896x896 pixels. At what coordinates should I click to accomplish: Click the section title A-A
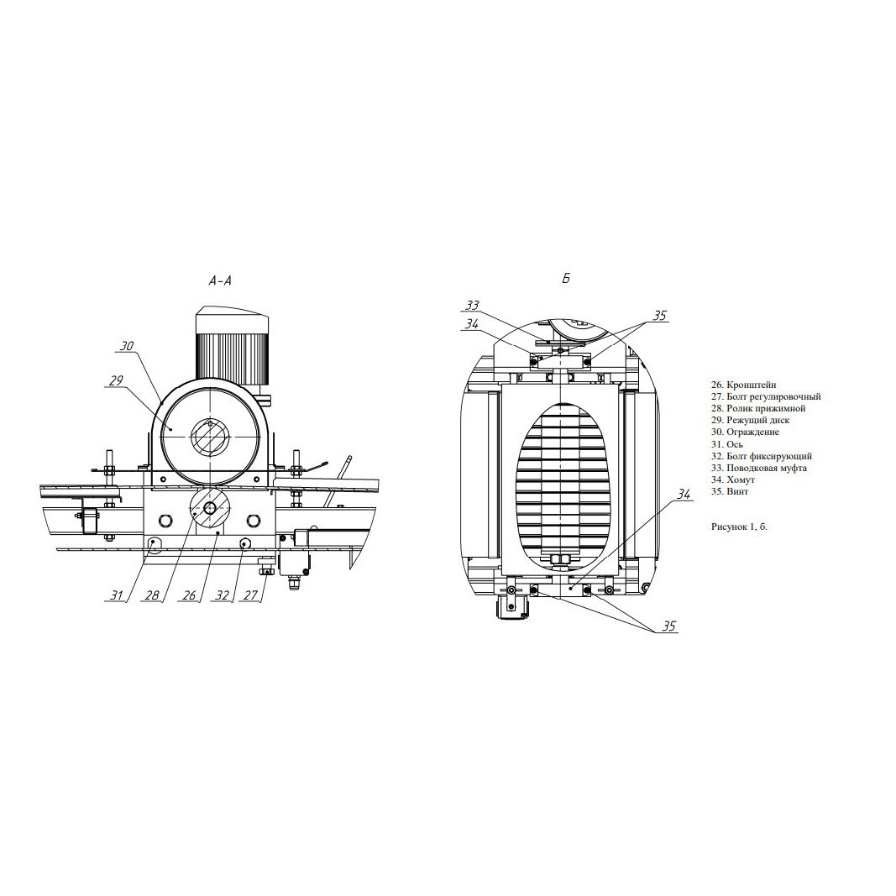tap(221, 280)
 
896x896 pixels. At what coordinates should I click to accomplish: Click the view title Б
tap(566, 279)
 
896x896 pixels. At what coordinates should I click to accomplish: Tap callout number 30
tap(127, 346)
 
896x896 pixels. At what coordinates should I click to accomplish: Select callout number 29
tap(116, 380)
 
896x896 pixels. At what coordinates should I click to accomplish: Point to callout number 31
tap(117, 595)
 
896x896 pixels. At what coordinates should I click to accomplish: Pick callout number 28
tap(151, 595)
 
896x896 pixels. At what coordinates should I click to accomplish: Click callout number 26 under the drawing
tap(188, 595)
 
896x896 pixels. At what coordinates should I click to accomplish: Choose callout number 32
tap(223, 595)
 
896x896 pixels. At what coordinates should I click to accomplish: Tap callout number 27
tap(251, 595)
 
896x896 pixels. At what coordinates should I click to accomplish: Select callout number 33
tap(472, 306)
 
